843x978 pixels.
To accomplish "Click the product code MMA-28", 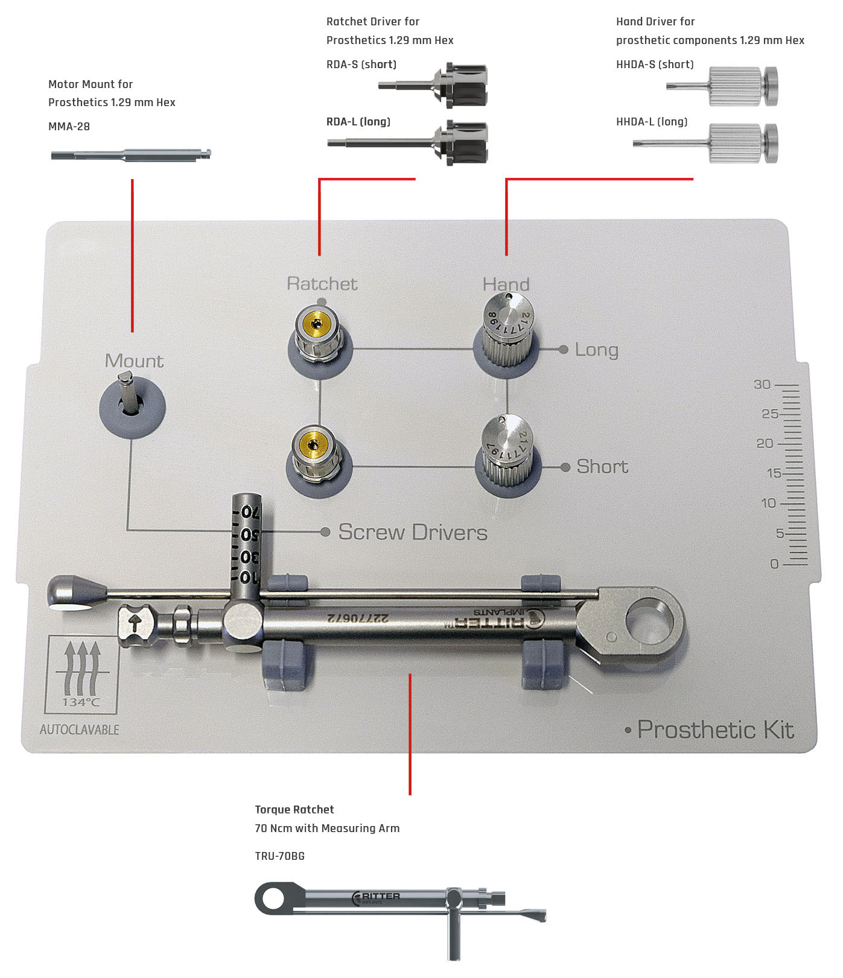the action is pos(69,127).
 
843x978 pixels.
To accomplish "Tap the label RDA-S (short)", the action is pos(361,65).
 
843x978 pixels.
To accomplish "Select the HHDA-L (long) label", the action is pos(652,122).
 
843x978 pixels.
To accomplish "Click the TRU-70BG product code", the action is pos(279,856).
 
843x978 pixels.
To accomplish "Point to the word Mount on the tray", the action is pos(134,361).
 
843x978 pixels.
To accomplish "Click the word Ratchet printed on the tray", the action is pos(322,283).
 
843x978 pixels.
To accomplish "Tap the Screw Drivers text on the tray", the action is pos(413,532).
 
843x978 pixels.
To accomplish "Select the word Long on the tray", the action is pos(596,350).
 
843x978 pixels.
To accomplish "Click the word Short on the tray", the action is pos(602,467).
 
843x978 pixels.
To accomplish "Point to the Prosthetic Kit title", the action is pos(716,730).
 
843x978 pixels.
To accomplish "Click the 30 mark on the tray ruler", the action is pos(762,385).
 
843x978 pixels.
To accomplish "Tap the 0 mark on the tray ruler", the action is pos(775,564).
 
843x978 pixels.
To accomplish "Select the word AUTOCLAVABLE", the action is pos(80,730).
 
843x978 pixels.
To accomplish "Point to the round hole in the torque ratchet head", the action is pos(649,621).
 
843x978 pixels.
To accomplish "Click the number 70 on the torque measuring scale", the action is pos(250,513).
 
